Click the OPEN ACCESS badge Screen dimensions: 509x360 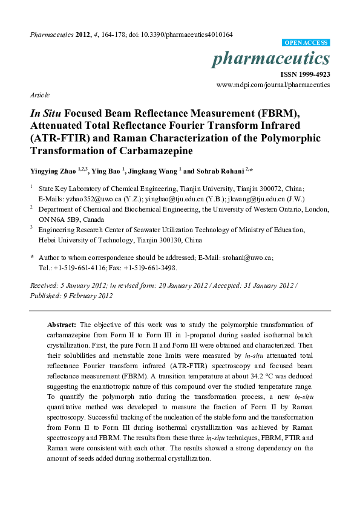(306, 43)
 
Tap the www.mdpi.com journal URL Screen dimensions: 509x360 (273, 85)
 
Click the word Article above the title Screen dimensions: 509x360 (39, 96)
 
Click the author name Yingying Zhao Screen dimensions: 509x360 (54, 172)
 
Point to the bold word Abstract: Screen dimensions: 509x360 (61, 325)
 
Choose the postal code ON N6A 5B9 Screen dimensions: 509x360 (59, 219)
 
